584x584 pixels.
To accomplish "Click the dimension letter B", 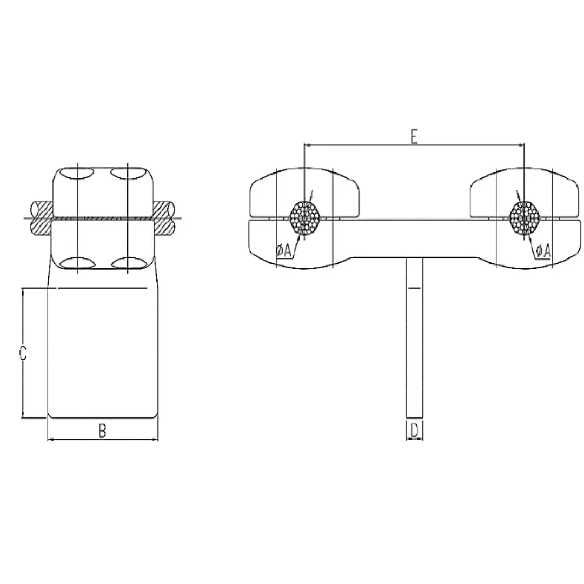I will tap(103, 430).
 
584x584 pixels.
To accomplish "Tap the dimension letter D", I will tap(414, 430).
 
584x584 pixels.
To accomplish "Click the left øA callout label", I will tap(283, 250).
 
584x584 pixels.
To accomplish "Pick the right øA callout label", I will tap(543, 250).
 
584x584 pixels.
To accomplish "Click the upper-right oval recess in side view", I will tap(126, 174).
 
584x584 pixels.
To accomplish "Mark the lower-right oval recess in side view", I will tap(126, 263).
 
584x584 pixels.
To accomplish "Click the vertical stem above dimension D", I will tap(414, 335).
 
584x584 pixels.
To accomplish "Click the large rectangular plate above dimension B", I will tap(103, 351).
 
